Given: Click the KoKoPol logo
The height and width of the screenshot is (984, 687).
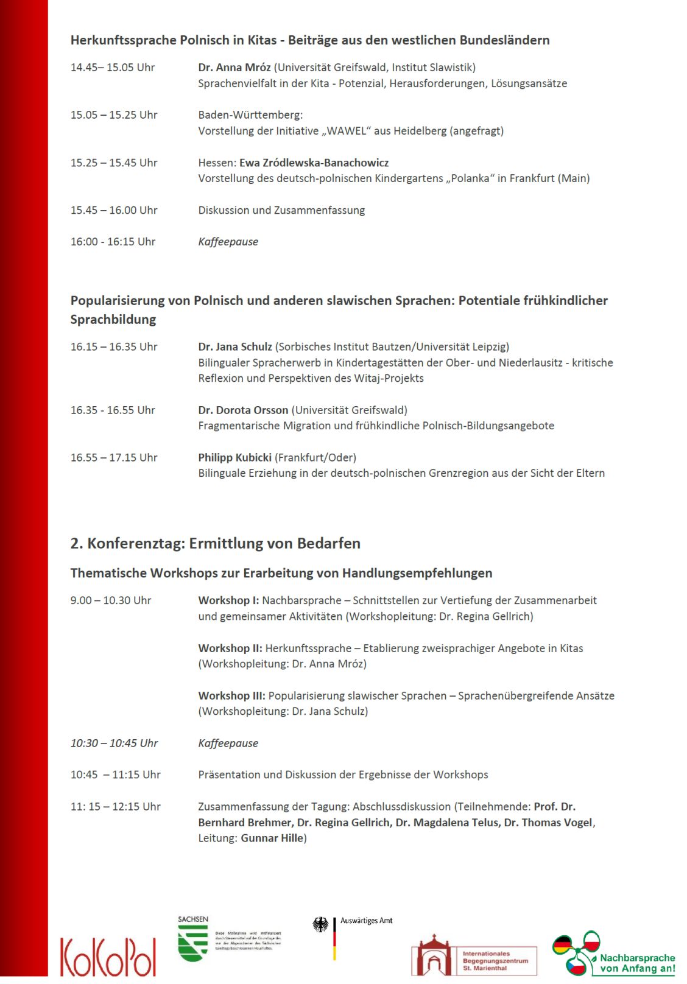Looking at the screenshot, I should [108, 956].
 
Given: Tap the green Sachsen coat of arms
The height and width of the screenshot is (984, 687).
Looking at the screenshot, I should [192, 943].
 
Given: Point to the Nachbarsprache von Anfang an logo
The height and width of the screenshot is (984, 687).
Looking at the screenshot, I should [614, 954].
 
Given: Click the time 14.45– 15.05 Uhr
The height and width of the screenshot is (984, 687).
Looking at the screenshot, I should [113, 68].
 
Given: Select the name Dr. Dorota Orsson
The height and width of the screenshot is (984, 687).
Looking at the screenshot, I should [243, 410].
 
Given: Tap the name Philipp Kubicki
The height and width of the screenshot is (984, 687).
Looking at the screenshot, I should [234, 458].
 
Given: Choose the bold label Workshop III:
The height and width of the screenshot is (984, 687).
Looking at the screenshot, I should [231, 696].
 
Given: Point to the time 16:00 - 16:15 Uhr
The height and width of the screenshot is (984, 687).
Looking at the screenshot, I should [113, 242].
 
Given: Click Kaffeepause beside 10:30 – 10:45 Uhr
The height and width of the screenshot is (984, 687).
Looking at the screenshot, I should [228, 743].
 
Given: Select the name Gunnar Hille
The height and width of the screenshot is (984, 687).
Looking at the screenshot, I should [272, 838].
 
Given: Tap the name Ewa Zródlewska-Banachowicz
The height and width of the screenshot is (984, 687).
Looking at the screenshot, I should [314, 163].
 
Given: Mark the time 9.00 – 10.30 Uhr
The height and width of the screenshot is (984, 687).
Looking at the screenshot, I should [111, 600].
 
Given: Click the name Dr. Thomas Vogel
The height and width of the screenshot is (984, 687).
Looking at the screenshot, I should [548, 823].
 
